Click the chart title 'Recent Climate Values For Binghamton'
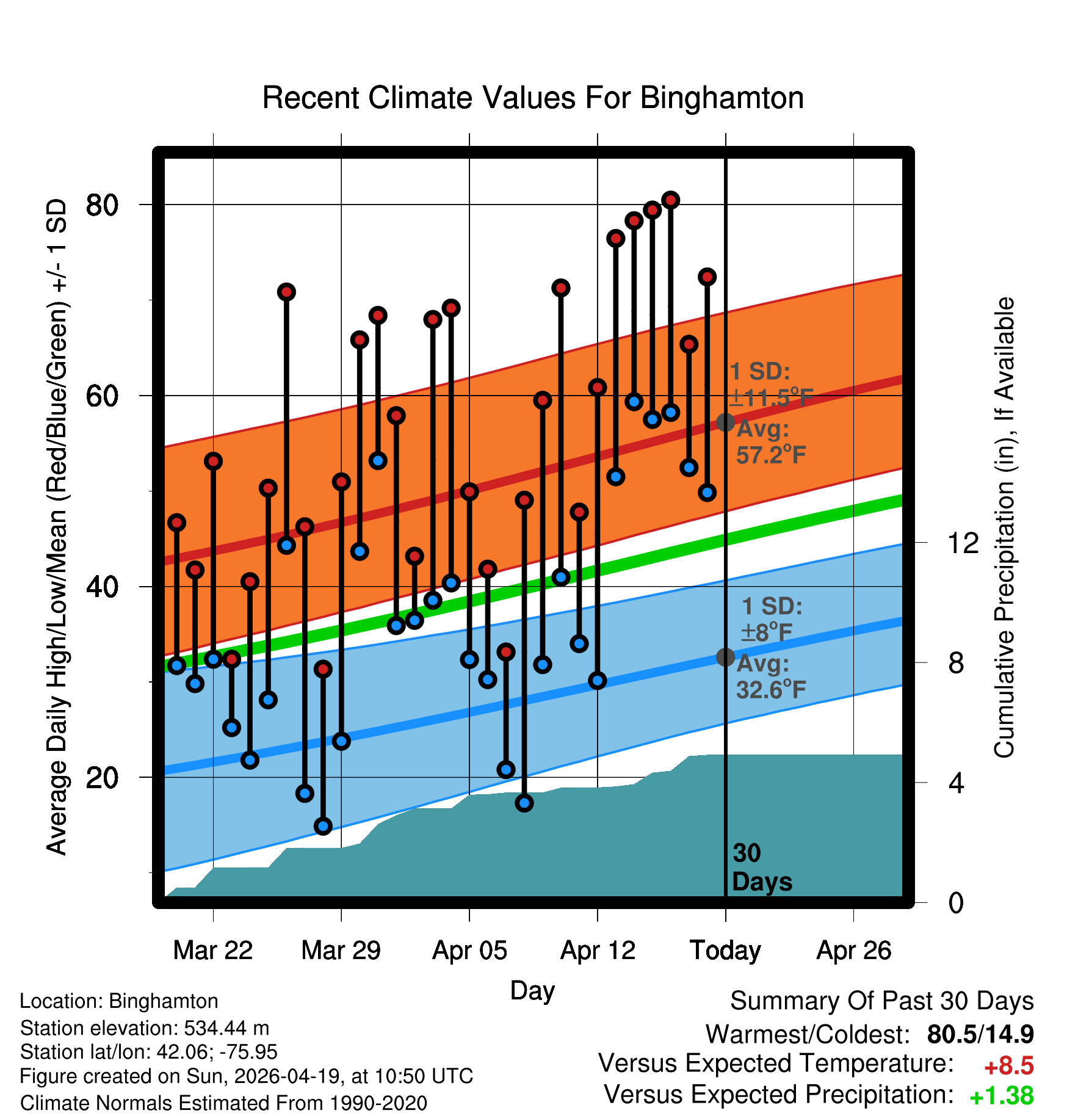pos(533,98)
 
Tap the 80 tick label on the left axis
pos(102,205)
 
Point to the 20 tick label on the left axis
pos(102,778)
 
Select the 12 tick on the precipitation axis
pos(963,543)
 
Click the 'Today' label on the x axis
pos(725,951)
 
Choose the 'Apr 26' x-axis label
pos(853,951)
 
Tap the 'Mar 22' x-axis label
pos(212,951)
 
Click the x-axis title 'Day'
pos(532,990)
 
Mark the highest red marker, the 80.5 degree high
pos(671,200)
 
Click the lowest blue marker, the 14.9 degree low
pos(323,826)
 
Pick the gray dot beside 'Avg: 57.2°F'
pos(725,422)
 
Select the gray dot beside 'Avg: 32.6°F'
pos(725,657)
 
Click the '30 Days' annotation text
pos(761,868)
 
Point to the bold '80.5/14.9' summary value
pos(980,1035)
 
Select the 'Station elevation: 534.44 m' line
pos(145,1028)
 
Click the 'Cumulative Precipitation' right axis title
pos(1004,527)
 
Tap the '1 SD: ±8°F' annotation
pos(770,619)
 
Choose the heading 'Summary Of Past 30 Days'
pos(881,1001)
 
